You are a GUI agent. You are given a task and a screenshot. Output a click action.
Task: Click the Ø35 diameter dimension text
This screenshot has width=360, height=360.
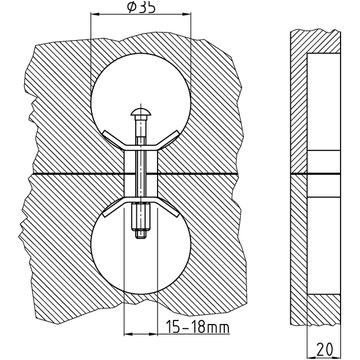pos(141,7)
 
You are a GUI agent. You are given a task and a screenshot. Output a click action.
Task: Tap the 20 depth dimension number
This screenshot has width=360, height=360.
pos(325,349)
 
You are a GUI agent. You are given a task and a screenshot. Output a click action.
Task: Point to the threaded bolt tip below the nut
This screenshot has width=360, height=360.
pos(140,234)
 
